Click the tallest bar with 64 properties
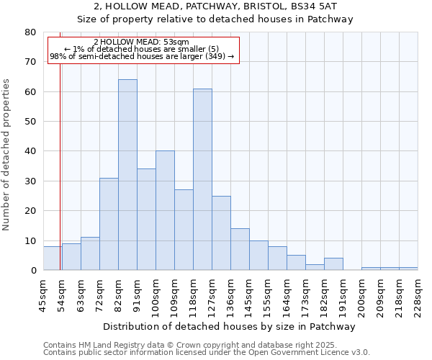pyautogui.click(x=127, y=175)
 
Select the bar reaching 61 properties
pyautogui.click(x=202, y=179)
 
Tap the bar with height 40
pyautogui.click(x=165, y=210)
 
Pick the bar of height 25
pyautogui.click(x=221, y=233)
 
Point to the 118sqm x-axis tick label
pyautogui.click(x=193, y=295)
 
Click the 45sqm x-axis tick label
pyautogui.click(x=43, y=295)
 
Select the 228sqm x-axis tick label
pyautogui.click(x=418, y=295)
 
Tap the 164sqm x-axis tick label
pyautogui.click(x=287, y=295)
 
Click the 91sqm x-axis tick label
pyautogui.click(x=137, y=295)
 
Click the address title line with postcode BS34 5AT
pyautogui.click(x=215, y=6)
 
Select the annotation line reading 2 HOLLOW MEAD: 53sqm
pyautogui.click(x=141, y=42)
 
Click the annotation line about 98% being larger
pyautogui.click(x=142, y=56)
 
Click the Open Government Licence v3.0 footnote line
pyautogui.click(x=207, y=353)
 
